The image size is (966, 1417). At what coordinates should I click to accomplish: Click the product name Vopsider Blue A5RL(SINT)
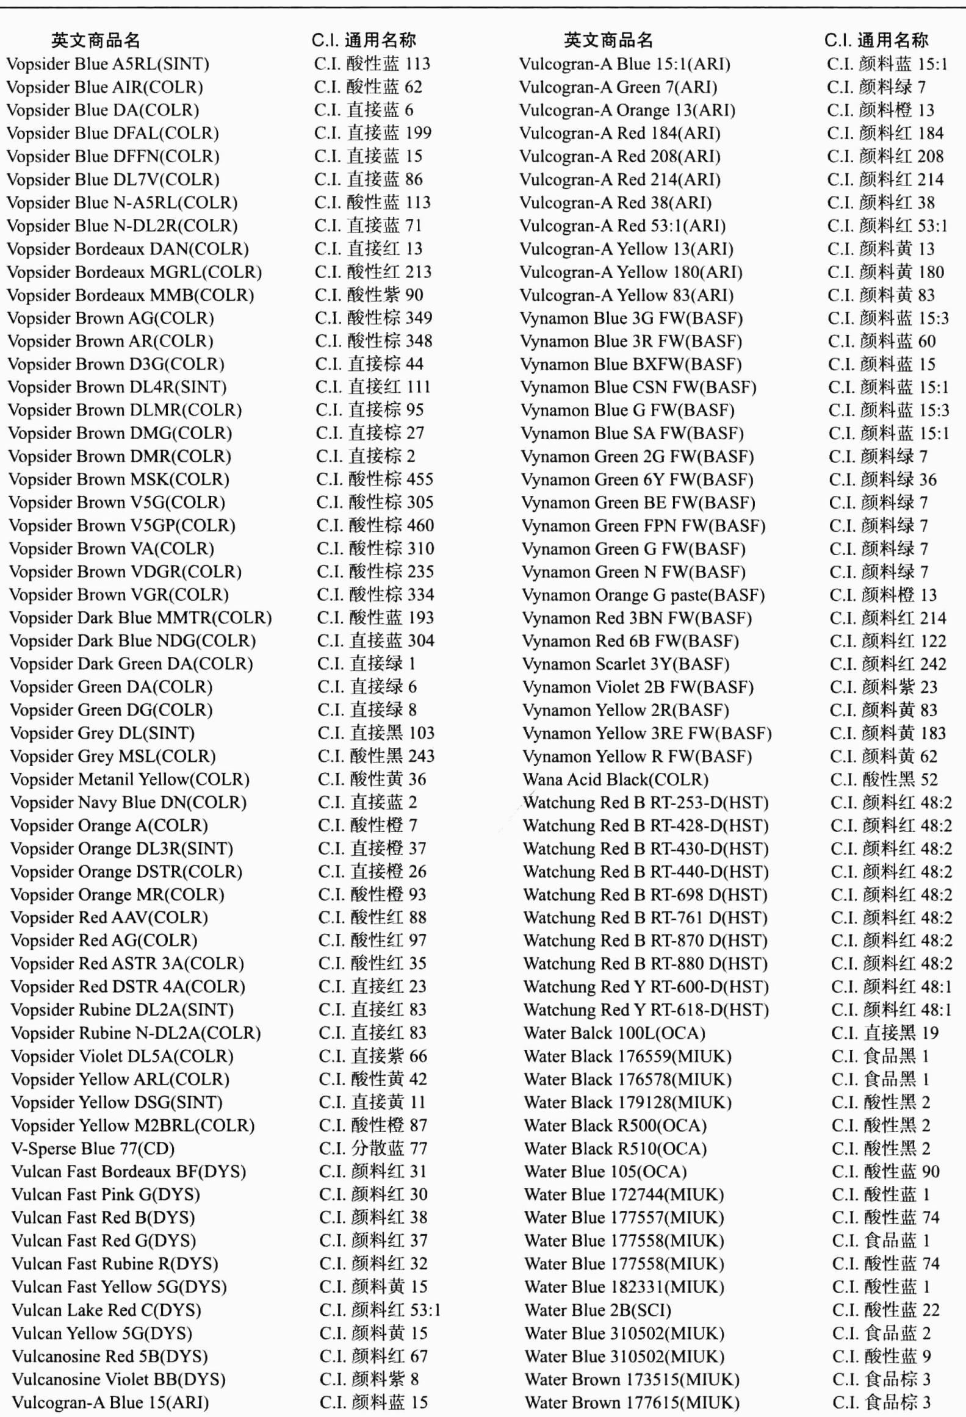pyautogui.click(x=108, y=64)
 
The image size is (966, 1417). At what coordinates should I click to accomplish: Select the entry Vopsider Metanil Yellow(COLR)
pyautogui.click(x=130, y=780)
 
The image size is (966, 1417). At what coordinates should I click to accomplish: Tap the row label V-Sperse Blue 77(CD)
pyautogui.click(x=93, y=1149)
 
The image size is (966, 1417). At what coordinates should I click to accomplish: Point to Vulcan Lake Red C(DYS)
pyautogui.click(x=107, y=1310)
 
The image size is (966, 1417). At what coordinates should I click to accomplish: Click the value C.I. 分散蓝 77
pyautogui.click(x=373, y=1149)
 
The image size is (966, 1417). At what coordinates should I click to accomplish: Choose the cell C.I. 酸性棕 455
pyautogui.click(x=375, y=479)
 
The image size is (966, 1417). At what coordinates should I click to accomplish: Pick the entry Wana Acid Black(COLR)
pyautogui.click(x=615, y=780)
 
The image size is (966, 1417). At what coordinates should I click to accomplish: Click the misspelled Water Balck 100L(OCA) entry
pyautogui.click(x=615, y=1033)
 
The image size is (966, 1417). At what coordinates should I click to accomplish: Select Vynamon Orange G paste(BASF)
pyautogui.click(x=644, y=595)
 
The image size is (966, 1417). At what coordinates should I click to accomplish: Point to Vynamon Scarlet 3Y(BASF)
pyautogui.click(x=626, y=664)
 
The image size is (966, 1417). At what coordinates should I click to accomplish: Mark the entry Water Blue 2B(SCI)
pyautogui.click(x=598, y=1310)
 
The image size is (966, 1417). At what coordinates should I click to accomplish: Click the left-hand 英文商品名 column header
pyautogui.click(x=96, y=41)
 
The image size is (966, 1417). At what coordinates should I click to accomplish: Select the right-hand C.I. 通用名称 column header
pyautogui.click(x=876, y=41)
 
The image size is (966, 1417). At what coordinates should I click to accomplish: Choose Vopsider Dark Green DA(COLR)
pyautogui.click(x=131, y=664)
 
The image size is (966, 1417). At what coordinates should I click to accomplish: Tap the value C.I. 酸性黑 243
pyautogui.click(x=376, y=756)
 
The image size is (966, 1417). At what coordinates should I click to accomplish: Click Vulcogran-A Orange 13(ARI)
pyautogui.click(x=627, y=110)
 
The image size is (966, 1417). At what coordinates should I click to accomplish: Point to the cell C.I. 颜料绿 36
pyautogui.click(x=882, y=480)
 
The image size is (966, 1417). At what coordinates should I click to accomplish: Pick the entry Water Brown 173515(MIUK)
pyautogui.click(x=632, y=1380)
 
